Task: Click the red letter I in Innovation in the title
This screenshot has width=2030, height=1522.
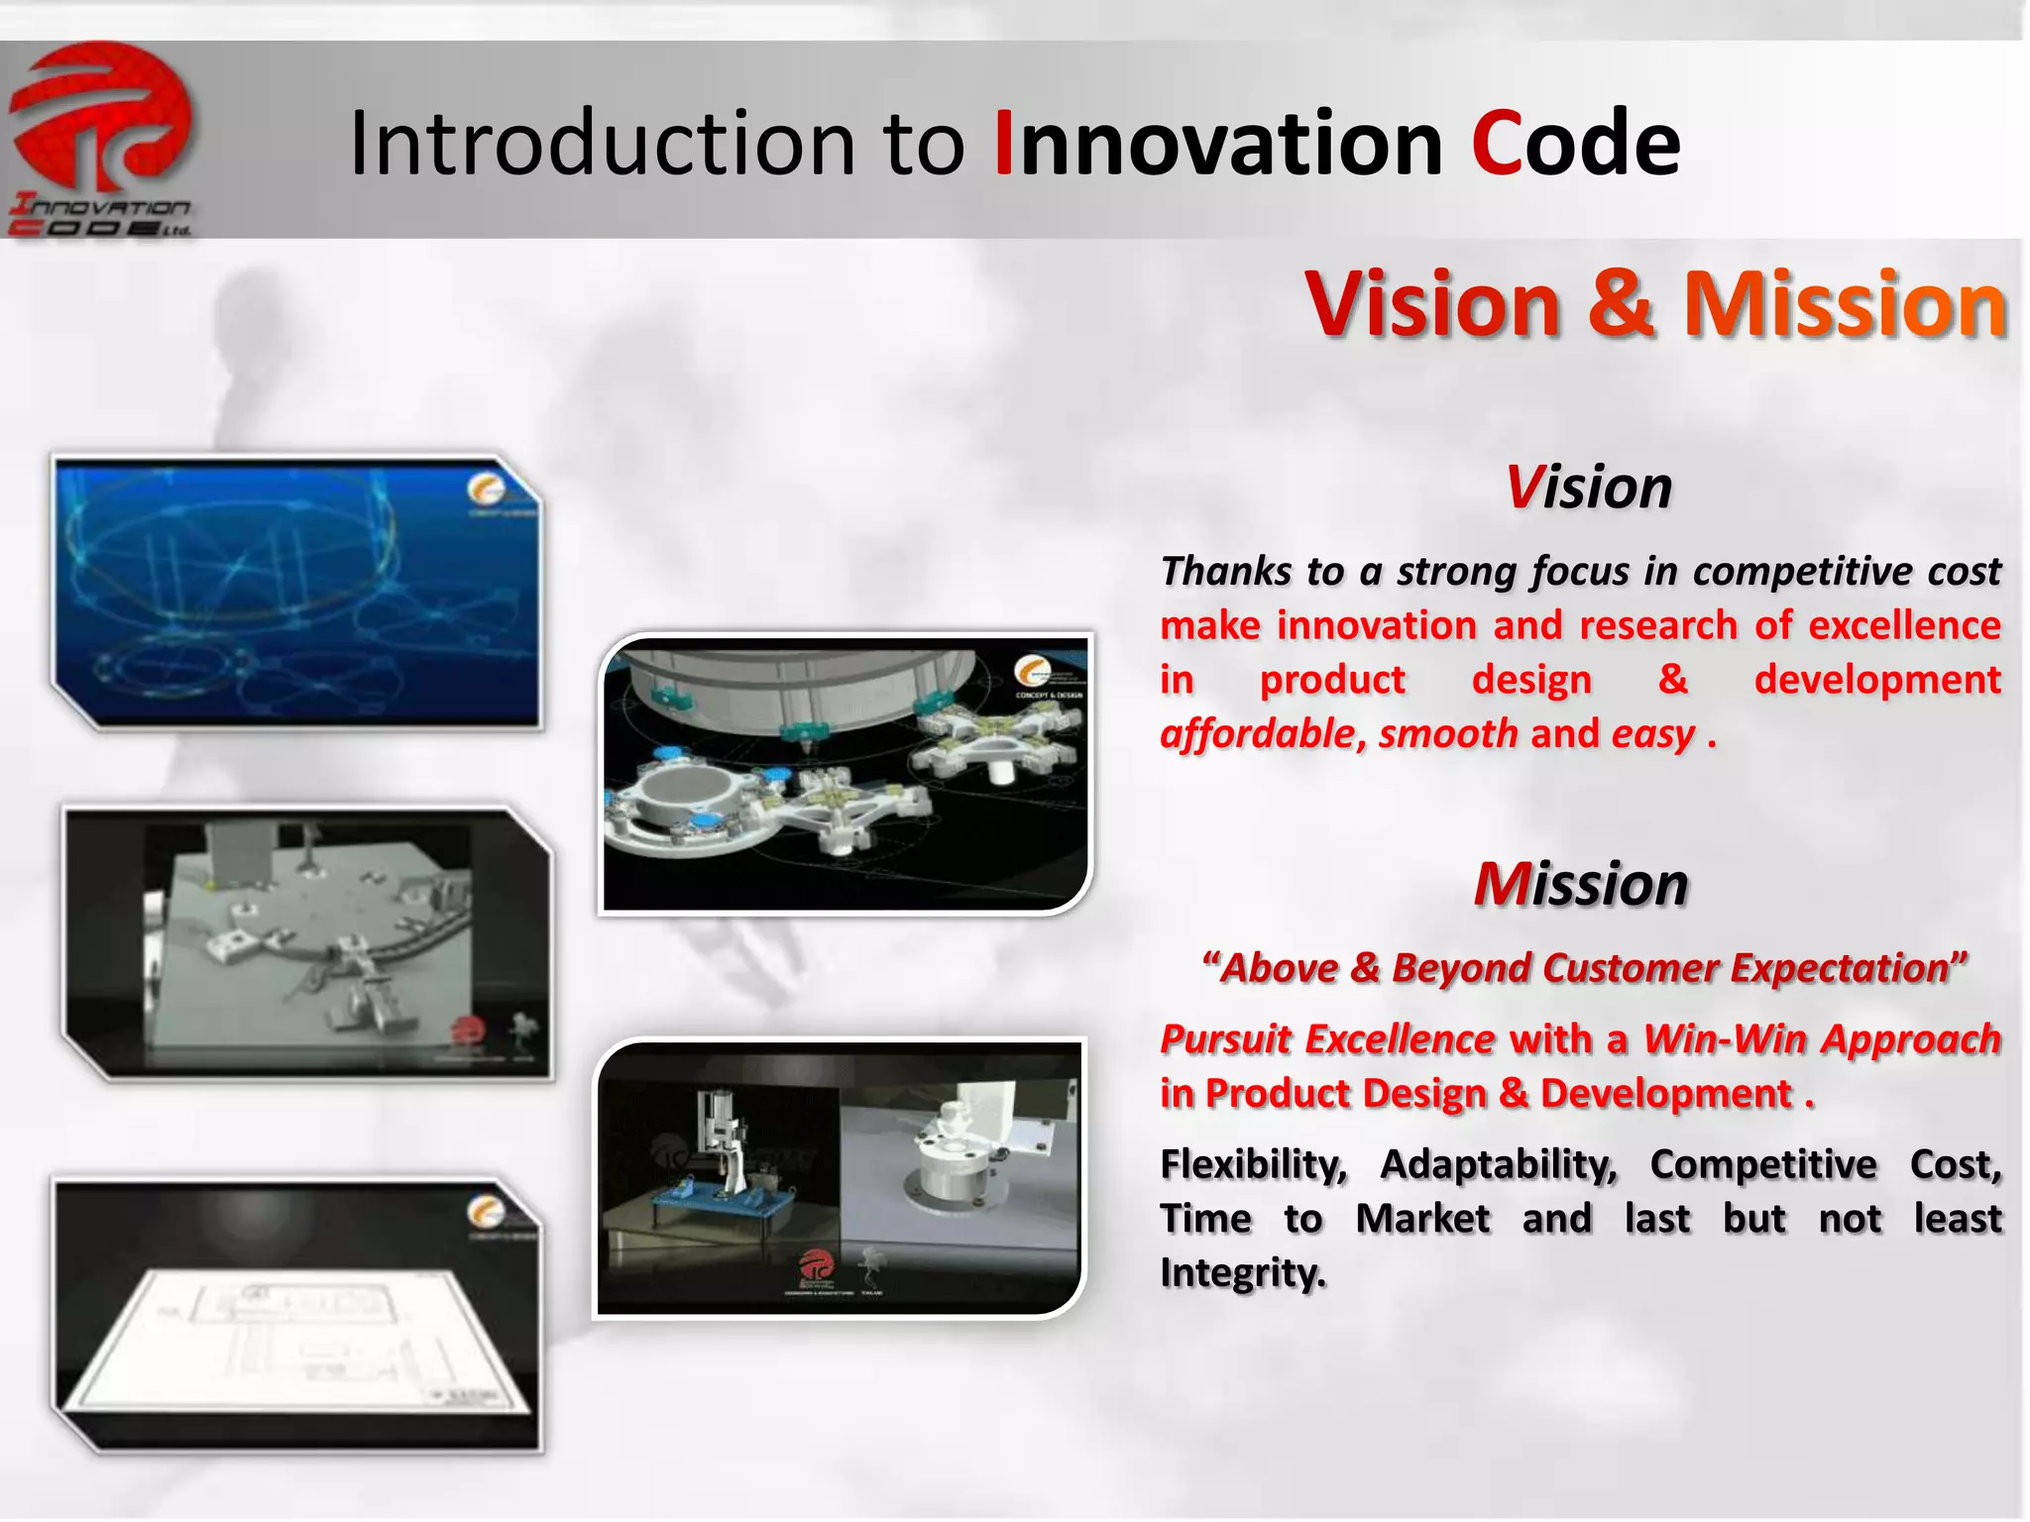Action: tap(1003, 145)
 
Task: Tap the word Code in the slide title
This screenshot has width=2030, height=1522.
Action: tap(1576, 145)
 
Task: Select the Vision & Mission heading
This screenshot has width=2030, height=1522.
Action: tap(1655, 304)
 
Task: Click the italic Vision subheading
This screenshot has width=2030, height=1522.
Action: tap(1589, 488)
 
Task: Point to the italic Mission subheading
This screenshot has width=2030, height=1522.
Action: tap(1581, 884)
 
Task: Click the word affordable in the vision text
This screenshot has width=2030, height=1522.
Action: tap(1256, 734)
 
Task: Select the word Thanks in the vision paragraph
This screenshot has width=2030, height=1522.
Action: tap(1226, 572)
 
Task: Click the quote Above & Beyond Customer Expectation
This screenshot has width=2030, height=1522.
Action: tap(1583, 968)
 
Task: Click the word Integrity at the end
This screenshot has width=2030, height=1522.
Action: tap(1242, 1273)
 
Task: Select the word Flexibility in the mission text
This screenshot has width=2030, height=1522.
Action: tap(1254, 1164)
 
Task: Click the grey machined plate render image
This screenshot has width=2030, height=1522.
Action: tap(307, 941)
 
